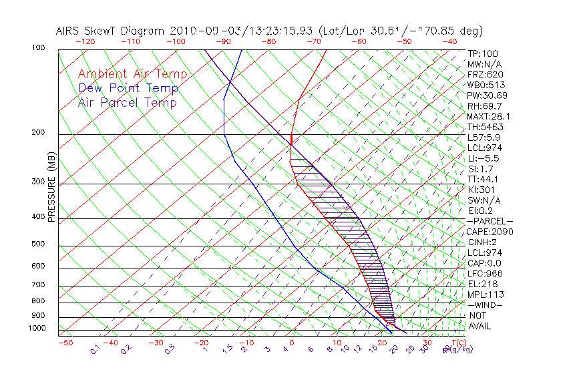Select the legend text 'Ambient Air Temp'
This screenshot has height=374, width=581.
132,74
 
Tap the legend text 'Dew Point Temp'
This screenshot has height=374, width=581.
128,88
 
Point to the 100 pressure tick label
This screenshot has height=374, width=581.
38,48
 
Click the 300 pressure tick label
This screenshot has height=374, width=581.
38,182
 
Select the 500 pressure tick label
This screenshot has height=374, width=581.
38,244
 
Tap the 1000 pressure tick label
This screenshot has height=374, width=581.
36,329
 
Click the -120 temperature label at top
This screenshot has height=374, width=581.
86,41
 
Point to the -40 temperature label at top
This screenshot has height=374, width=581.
449,41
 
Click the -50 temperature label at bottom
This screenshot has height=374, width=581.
65,343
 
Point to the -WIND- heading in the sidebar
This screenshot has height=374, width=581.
485,305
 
